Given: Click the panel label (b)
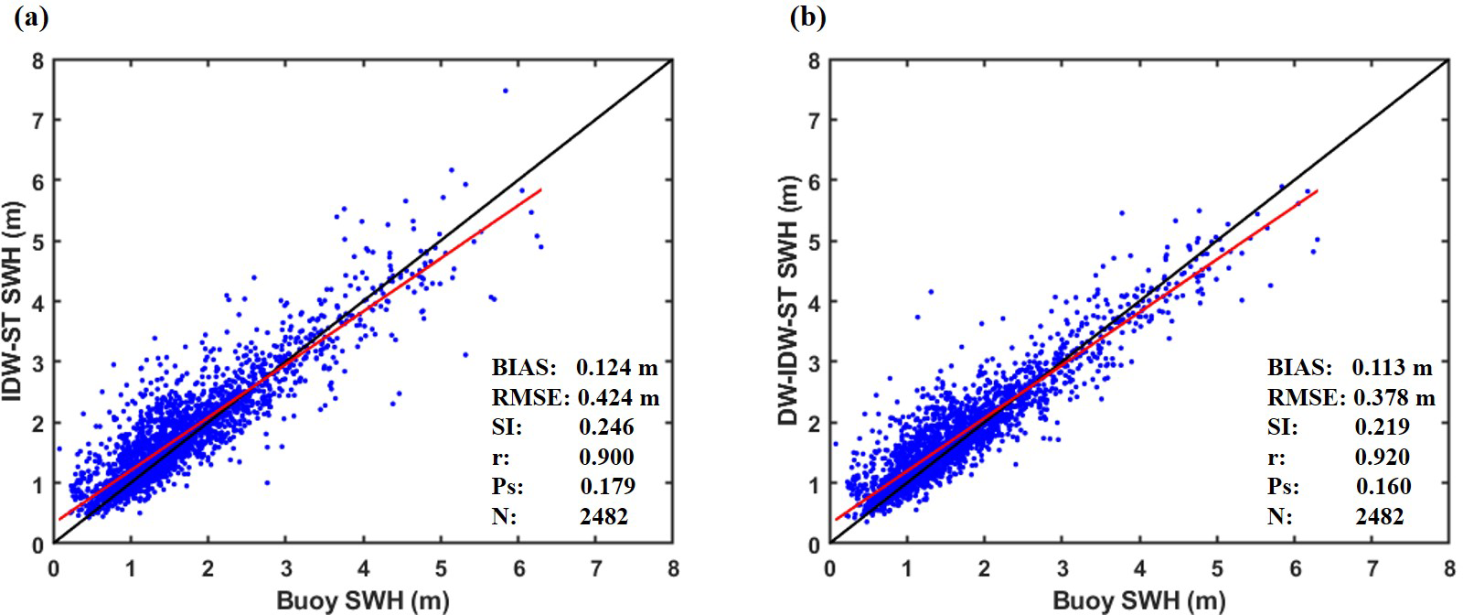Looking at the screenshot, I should click(807, 18).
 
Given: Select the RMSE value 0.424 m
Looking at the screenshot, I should click(618, 397).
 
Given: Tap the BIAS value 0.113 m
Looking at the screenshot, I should click(1392, 367).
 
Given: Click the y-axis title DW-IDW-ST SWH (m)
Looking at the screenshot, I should click(789, 302).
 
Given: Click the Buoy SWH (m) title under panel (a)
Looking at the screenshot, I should click(362, 601).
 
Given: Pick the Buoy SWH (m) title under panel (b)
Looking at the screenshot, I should click(1138, 601).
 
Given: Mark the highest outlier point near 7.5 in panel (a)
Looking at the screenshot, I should click(505, 91).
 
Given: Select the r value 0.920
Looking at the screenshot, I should click(1383, 456).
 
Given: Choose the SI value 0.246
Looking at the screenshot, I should click(606, 426).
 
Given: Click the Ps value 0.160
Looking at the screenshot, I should click(1383, 486).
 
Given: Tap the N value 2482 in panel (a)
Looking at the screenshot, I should click(603, 516).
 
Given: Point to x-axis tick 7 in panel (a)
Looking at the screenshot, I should click(596, 568).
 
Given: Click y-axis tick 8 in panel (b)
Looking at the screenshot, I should click(814, 61).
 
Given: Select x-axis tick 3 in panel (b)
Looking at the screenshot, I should click(1062, 568).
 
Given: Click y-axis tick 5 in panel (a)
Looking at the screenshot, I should click(37, 242).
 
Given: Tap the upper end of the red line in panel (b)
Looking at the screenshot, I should click(1318, 190).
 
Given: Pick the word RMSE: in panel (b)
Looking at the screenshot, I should click(1305, 397).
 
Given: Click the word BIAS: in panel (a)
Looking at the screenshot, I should click(523, 367).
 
